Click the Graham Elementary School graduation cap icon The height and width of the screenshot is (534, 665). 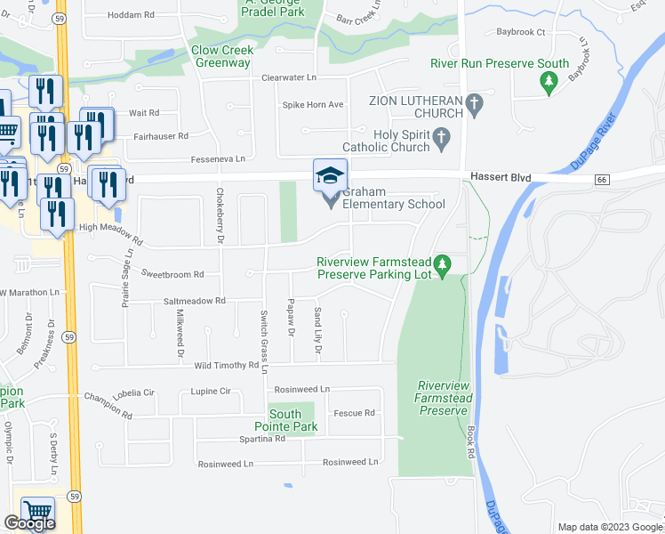[x=330, y=175]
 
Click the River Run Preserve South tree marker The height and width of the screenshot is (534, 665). [x=549, y=82]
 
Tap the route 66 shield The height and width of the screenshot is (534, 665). [x=602, y=180]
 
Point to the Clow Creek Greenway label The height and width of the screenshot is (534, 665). [x=222, y=56]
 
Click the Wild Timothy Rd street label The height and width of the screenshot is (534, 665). [x=226, y=365]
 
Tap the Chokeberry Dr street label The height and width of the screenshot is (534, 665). [x=220, y=217]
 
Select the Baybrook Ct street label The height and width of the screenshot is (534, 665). [x=520, y=32]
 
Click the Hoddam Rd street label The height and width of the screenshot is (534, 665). [x=131, y=15]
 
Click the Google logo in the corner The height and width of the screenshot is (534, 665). [x=29, y=523]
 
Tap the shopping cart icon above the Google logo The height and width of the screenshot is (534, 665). [x=37, y=512]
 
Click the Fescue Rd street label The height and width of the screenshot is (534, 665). [x=355, y=413]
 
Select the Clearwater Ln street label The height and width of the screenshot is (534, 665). [x=288, y=77]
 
